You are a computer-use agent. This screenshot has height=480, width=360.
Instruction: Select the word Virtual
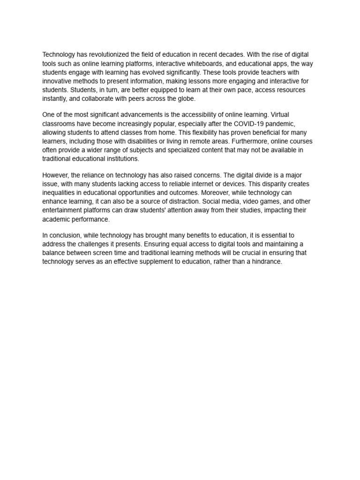click(x=283, y=115)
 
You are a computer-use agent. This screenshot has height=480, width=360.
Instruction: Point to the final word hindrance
click(x=266, y=262)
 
